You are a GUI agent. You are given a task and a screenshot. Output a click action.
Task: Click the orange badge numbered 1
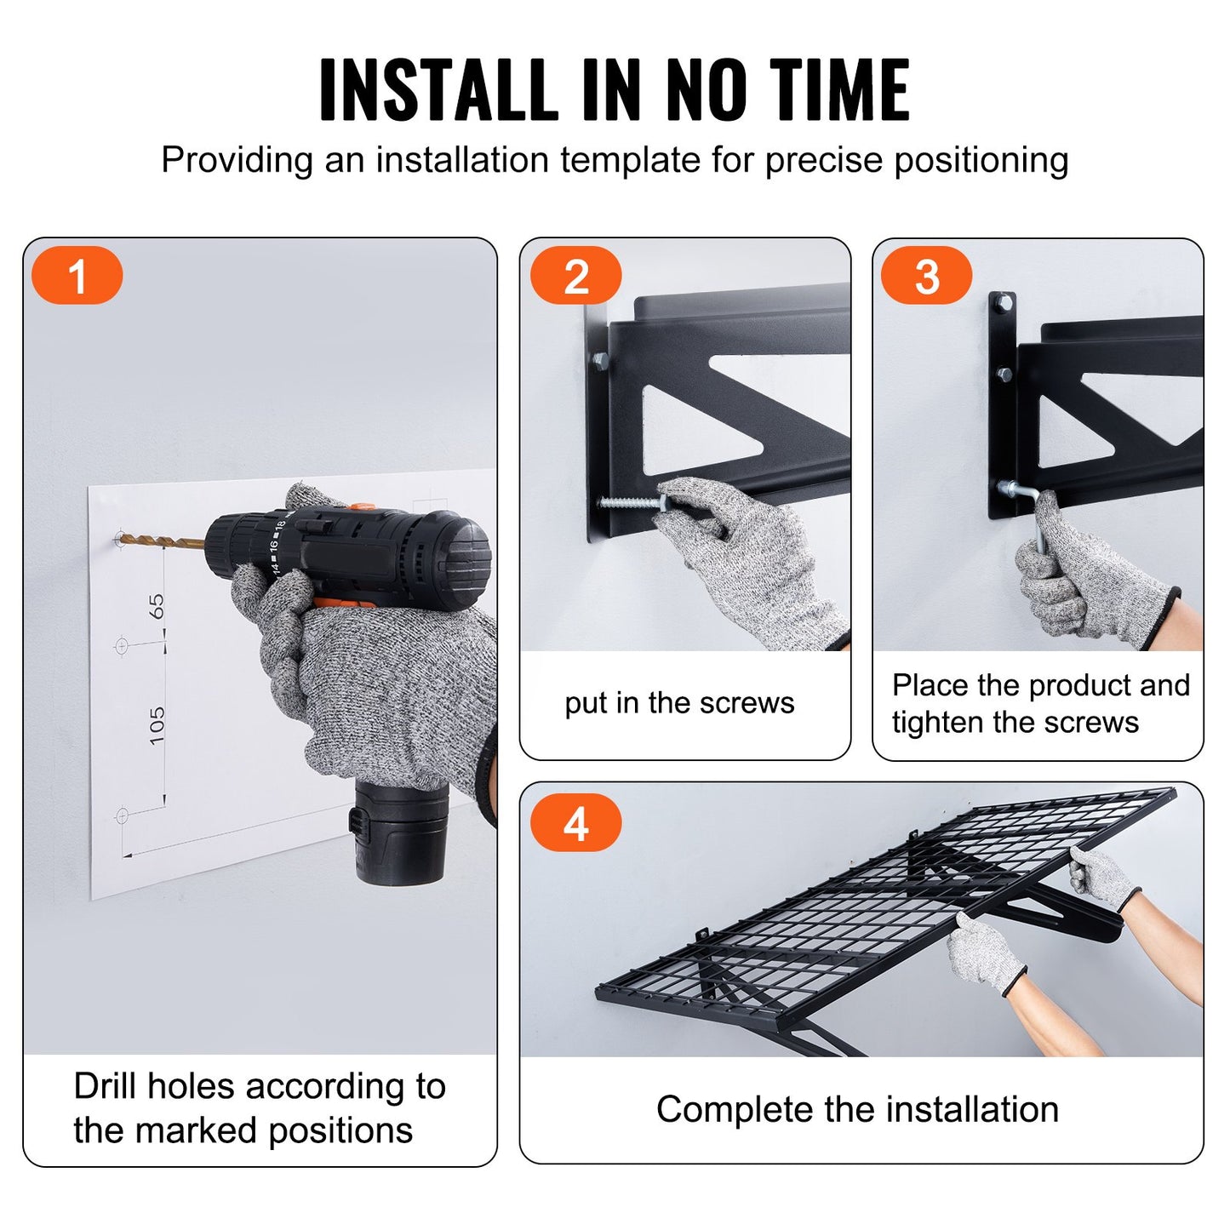[77, 276]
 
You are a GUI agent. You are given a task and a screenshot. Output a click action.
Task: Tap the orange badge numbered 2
[576, 276]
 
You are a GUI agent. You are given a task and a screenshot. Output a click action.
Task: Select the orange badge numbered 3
[926, 276]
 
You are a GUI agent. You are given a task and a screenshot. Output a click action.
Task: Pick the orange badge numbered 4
[576, 823]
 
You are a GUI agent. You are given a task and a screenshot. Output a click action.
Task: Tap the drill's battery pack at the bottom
[400, 830]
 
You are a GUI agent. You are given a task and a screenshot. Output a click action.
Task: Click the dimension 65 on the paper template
[157, 606]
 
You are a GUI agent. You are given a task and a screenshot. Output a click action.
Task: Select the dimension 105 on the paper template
[157, 725]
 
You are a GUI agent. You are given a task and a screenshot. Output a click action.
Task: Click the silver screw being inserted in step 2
[628, 502]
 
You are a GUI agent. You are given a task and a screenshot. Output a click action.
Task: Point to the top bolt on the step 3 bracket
[1003, 301]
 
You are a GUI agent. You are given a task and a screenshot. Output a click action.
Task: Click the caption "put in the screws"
[678, 703]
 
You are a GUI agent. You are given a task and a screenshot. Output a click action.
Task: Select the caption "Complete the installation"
[857, 1109]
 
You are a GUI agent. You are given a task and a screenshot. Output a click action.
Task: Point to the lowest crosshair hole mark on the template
[122, 815]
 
